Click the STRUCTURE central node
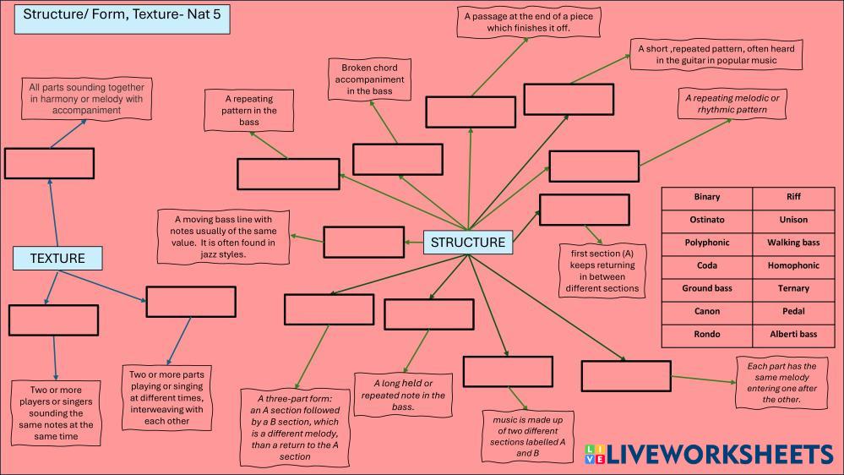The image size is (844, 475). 468,243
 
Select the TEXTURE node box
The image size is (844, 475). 57,259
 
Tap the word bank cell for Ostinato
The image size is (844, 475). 707,220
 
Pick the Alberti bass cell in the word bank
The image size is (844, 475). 793,335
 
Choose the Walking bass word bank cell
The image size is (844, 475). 793,243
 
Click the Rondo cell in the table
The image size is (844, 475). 707,335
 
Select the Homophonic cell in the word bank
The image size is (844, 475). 793,265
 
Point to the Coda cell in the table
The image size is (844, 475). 707,265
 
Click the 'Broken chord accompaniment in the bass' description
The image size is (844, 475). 369,79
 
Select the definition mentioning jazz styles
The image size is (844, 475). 224,237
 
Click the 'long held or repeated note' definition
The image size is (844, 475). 403,395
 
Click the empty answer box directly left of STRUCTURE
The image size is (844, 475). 363,243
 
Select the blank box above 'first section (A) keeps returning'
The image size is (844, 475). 584,210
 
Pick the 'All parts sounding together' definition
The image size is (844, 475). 86,99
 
